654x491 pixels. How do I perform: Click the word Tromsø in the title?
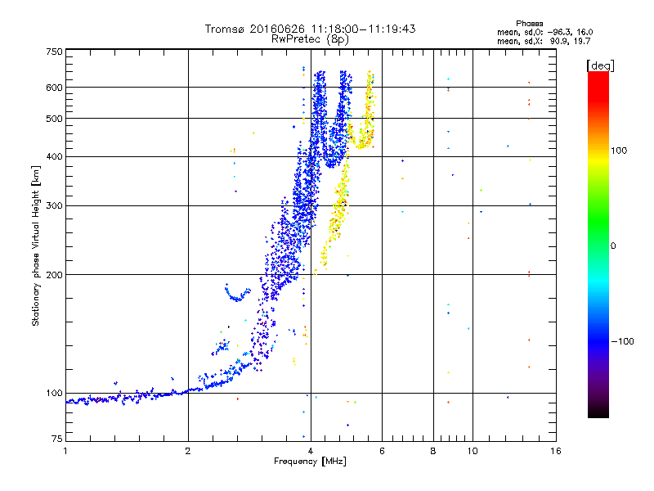coord(225,29)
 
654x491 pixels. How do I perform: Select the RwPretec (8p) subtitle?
coord(310,39)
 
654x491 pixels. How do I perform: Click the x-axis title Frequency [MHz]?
coord(310,462)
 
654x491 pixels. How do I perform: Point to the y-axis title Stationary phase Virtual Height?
coord(35,246)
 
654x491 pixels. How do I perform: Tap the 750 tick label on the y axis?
coord(55,52)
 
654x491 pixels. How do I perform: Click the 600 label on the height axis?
coord(55,88)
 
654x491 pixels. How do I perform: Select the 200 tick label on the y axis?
coord(55,275)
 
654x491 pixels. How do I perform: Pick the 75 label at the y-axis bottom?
coord(57,439)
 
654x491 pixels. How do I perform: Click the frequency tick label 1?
coord(65,451)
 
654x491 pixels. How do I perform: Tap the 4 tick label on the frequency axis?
coord(311,451)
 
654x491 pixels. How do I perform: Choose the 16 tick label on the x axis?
coord(556,451)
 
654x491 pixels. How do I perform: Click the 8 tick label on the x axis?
coord(433,451)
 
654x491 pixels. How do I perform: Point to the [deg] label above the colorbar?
coord(600,66)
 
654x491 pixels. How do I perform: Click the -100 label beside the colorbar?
coord(622,341)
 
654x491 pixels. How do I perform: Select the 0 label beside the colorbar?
coord(613,245)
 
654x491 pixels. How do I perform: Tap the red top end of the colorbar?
coord(598,73)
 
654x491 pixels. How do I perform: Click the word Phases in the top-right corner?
coord(529,24)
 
